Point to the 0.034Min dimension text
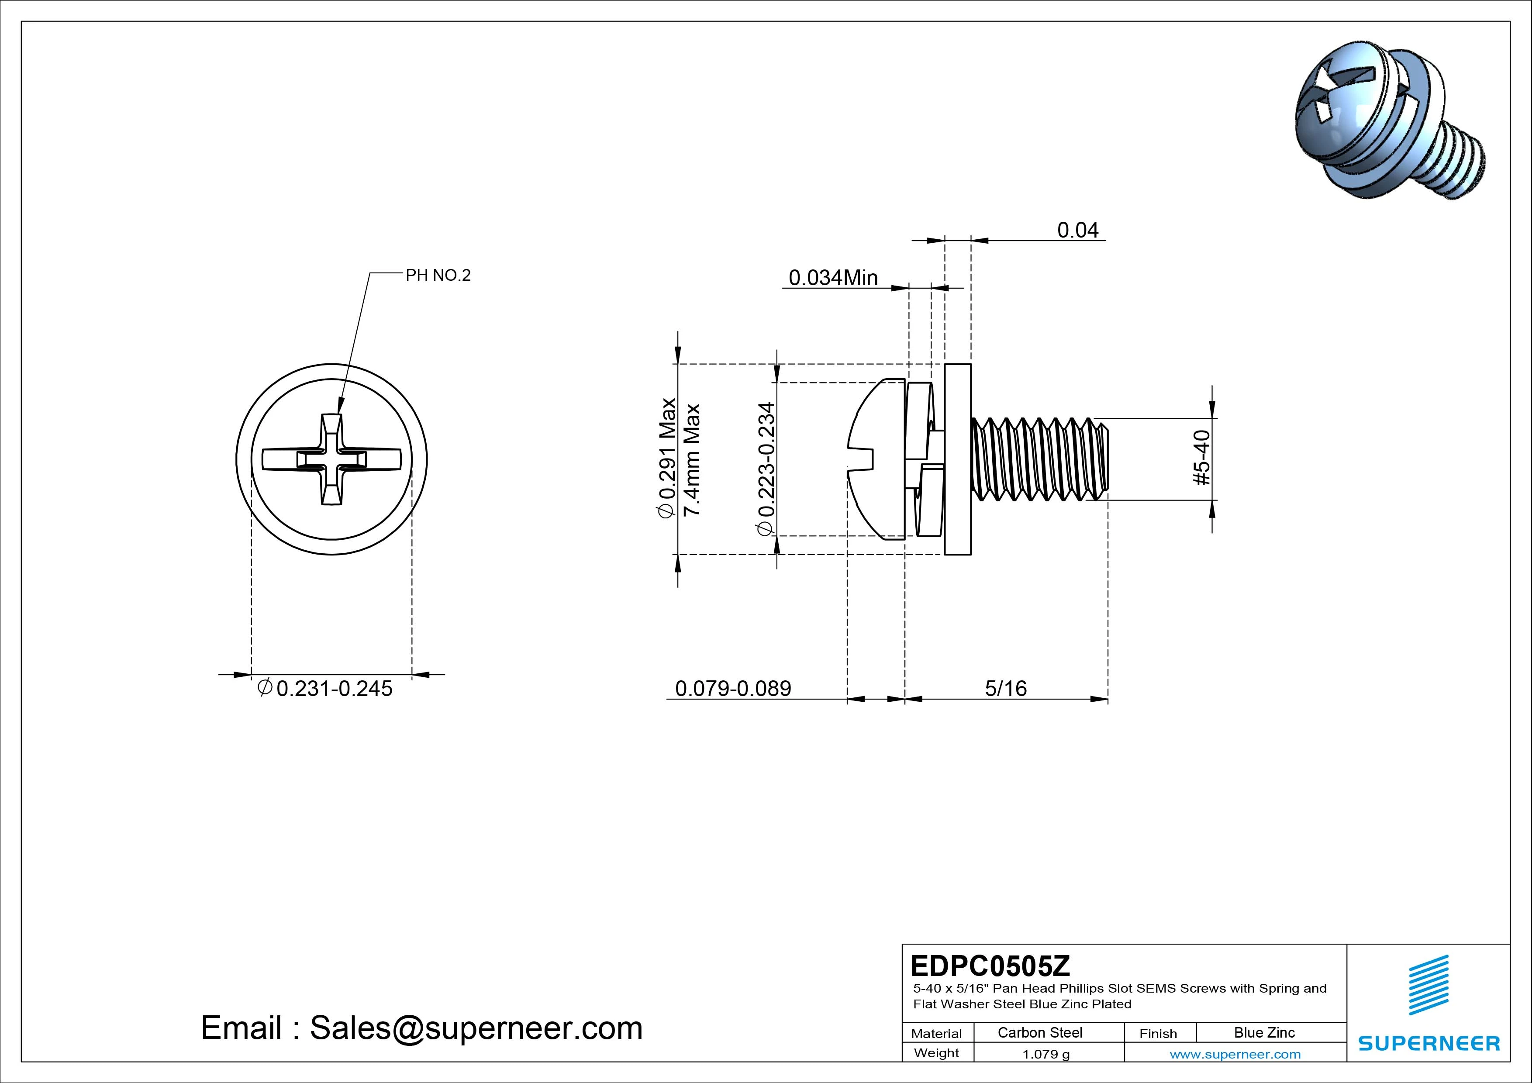(x=833, y=278)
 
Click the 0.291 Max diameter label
(x=667, y=458)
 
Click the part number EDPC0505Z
(x=990, y=965)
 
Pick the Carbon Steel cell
(x=1039, y=1032)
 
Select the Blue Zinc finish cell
(x=1264, y=1032)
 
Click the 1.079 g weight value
(x=1045, y=1054)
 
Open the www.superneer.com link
(x=1235, y=1054)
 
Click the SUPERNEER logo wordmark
(x=1428, y=1043)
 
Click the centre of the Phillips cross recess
(x=331, y=459)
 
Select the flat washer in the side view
(x=957, y=459)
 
